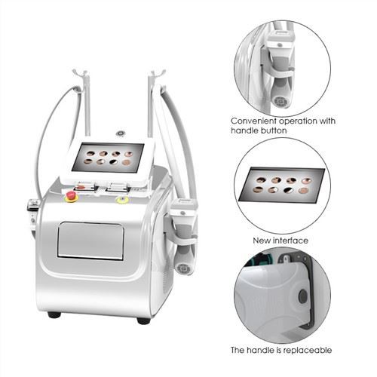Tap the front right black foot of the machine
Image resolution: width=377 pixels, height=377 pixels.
tap(143, 320)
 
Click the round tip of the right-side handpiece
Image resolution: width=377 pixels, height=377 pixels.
tap(180, 266)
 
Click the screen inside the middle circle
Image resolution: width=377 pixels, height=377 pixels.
tap(281, 185)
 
